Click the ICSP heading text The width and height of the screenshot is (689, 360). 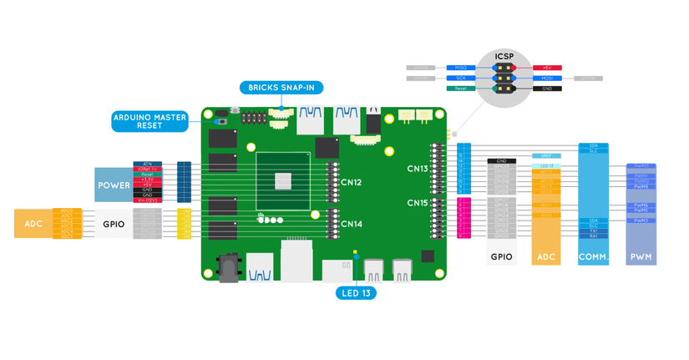click(504, 57)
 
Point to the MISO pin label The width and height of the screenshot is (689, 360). click(461, 68)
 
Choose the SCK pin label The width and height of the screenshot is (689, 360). click(461, 79)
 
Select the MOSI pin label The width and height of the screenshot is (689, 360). click(547, 79)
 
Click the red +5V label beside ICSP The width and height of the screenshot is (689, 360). click(547, 68)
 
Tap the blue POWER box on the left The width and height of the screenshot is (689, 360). click(114, 185)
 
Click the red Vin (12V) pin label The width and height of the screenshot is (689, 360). click(147, 200)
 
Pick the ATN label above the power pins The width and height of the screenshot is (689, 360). click(147, 164)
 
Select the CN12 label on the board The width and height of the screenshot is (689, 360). click(352, 182)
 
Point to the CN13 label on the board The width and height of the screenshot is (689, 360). click(418, 169)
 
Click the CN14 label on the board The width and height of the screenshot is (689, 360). click(352, 224)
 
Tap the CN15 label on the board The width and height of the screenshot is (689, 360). click(418, 203)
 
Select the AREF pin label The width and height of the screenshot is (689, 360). click(546, 155)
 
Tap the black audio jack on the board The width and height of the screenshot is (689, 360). click(227, 269)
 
